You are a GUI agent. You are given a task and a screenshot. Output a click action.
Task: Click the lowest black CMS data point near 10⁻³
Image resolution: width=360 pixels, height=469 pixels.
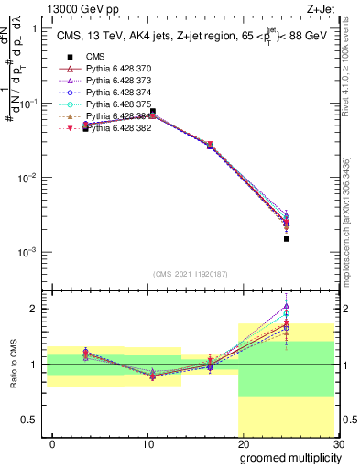pyautogui.click(x=287, y=239)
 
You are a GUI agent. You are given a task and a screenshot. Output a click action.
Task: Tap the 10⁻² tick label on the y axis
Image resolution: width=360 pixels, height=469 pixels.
pyautogui.click(x=28, y=177)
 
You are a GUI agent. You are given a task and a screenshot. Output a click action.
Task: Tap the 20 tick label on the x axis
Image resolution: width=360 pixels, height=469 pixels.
pyautogui.click(x=243, y=444)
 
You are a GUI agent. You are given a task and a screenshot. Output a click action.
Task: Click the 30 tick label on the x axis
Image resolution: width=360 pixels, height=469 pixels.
pyautogui.click(x=338, y=444)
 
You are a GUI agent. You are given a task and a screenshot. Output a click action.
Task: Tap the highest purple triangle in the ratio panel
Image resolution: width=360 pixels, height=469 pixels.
pyautogui.click(x=287, y=306)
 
